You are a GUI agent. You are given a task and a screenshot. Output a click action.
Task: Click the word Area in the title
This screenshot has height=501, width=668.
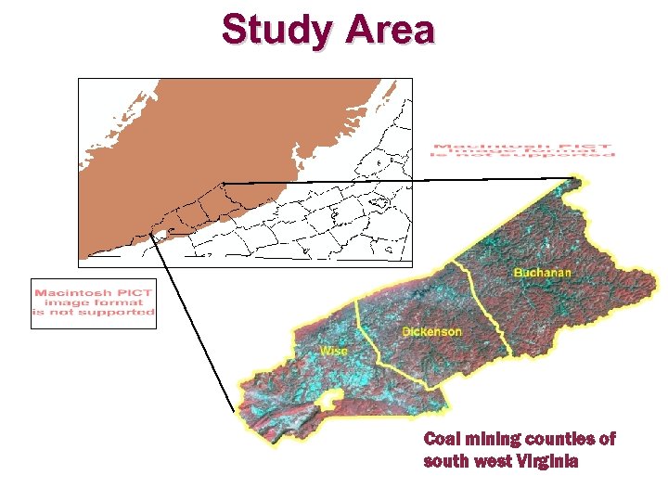[x=390, y=30]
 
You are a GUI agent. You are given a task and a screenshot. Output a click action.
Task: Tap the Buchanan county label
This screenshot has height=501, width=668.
[x=543, y=273]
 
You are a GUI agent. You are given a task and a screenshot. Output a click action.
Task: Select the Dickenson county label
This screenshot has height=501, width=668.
[x=431, y=331]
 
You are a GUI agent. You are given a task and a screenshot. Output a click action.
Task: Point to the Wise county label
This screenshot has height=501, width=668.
[x=334, y=351]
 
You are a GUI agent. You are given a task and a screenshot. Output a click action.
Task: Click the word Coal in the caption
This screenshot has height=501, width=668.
[x=441, y=439]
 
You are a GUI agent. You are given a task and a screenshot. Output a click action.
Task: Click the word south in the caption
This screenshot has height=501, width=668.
[x=445, y=461]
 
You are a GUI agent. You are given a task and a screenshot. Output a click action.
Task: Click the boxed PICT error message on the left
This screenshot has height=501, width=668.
[x=93, y=303]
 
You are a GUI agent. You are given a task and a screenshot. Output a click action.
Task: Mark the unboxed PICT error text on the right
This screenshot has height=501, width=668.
[x=522, y=149]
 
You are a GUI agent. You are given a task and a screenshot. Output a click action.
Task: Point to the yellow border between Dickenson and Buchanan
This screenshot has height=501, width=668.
[x=482, y=306]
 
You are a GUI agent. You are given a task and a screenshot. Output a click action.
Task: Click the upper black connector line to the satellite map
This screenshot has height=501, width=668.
[x=399, y=180]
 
